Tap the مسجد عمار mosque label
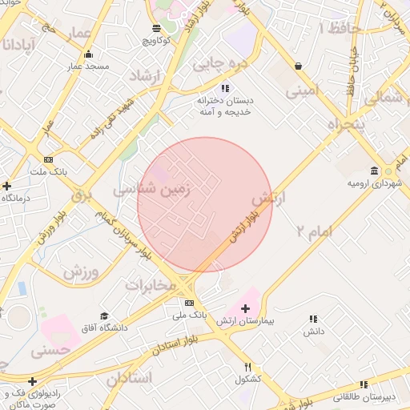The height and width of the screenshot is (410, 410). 88,66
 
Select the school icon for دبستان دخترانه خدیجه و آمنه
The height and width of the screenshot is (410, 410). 225,87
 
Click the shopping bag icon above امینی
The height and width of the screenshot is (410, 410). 298,66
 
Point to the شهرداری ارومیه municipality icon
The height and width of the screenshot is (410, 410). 375,171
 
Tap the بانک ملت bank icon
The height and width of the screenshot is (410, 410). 49,159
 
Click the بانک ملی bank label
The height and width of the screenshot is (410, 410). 189,315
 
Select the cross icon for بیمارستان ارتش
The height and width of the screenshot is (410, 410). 245,308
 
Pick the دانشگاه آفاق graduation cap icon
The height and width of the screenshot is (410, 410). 103,316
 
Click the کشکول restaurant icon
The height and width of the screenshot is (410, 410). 247,367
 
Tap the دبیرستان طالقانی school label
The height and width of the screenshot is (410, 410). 372,396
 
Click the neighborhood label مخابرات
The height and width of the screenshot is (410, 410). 150,284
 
